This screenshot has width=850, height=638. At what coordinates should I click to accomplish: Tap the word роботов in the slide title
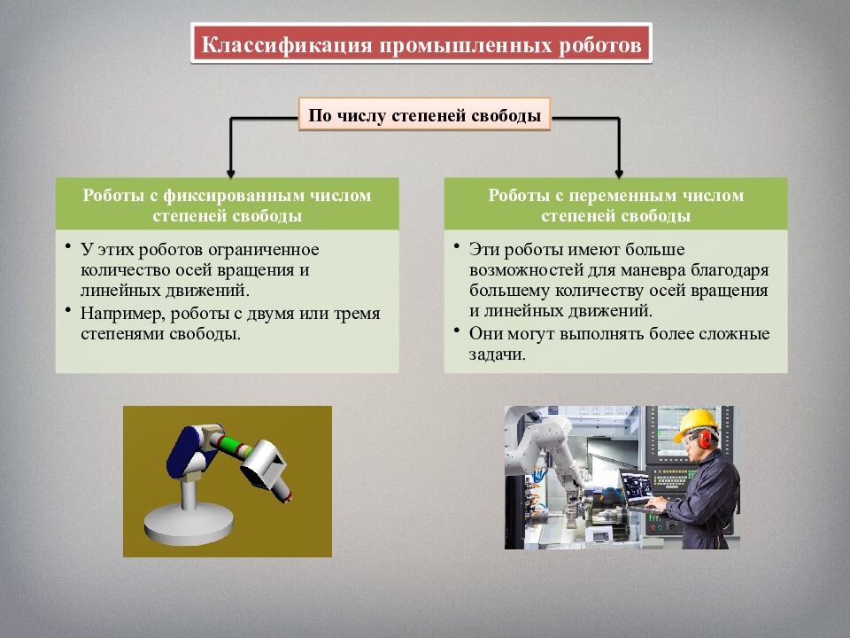click(x=599, y=45)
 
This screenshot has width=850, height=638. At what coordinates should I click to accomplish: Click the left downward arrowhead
click(x=231, y=170)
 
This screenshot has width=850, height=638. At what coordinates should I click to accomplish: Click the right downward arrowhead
click(x=619, y=170)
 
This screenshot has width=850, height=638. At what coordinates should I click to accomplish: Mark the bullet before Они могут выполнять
click(x=456, y=331)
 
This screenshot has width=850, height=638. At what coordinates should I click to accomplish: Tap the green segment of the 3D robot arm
click(x=231, y=445)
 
